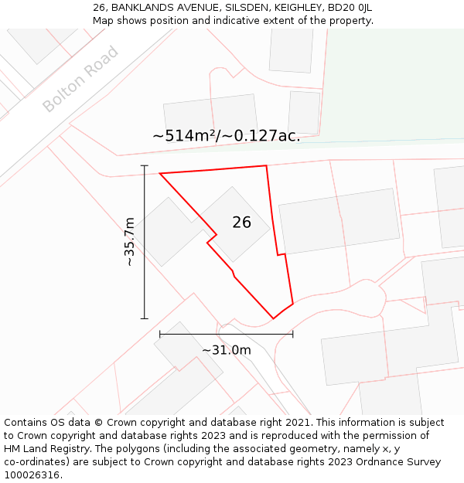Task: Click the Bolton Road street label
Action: tap(81, 79)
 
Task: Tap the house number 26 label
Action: tap(241, 223)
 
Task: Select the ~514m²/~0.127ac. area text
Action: tap(226, 136)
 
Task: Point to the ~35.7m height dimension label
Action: tap(129, 242)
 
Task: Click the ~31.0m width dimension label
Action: tap(227, 350)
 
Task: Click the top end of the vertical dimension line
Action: tap(145, 165)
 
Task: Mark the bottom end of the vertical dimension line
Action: tap(145, 318)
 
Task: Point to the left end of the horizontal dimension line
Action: tap(160, 334)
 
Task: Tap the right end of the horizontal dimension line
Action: tap(293, 334)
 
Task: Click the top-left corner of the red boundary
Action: tap(160, 173)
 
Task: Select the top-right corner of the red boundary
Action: tap(266, 165)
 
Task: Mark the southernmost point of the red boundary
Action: tap(273, 318)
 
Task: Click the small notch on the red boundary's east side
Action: tap(281, 253)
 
